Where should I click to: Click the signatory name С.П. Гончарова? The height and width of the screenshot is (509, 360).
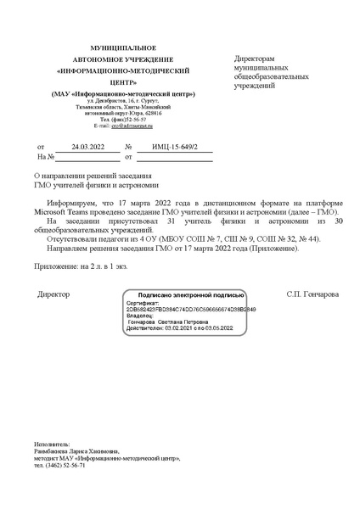[x=312, y=294]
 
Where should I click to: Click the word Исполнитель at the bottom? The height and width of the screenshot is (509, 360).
[x=52, y=443]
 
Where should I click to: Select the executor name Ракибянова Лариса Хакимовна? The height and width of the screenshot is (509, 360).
[x=77, y=450]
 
